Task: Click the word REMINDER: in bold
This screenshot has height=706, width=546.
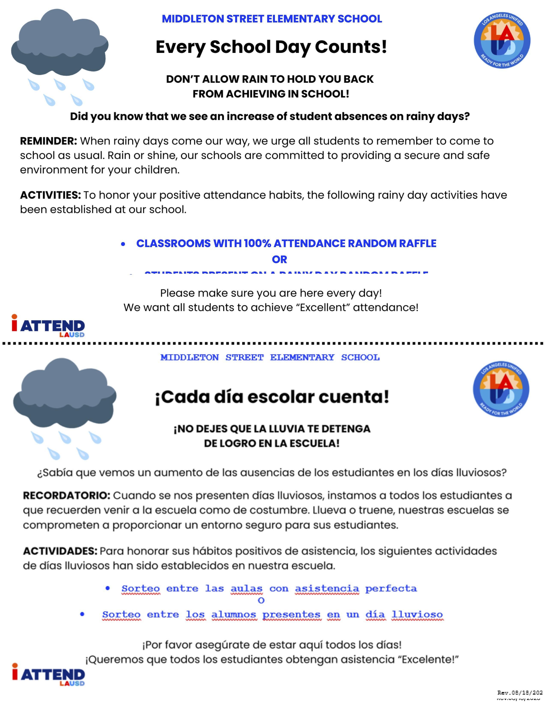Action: point(49,141)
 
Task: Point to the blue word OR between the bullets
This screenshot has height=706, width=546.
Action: point(279,259)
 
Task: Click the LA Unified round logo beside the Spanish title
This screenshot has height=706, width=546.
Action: point(501,389)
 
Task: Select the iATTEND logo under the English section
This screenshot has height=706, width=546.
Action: point(48,326)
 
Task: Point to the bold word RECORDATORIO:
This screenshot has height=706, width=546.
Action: point(67,495)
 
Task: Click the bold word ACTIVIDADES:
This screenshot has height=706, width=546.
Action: point(60,551)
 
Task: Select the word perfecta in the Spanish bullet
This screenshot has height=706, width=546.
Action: point(391,588)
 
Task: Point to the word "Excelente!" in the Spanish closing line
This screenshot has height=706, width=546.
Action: point(430,659)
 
